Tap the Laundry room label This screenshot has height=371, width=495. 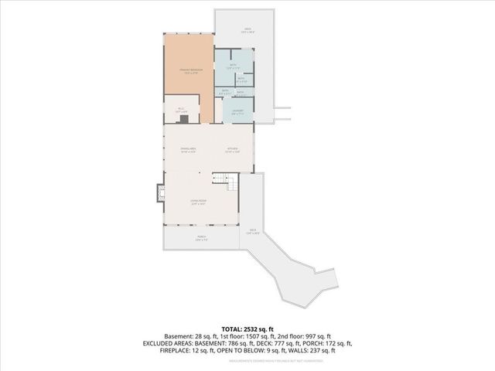pyautogui.click(x=238, y=111)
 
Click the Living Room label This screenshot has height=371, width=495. pyautogui.click(x=199, y=201)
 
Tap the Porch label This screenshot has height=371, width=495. pyautogui.click(x=200, y=237)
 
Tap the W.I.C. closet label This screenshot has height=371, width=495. pyautogui.click(x=181, y=109)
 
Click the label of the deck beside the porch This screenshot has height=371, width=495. pyautogui.click(x=252, y=230)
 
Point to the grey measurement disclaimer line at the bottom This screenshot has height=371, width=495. pyautogui.click(x=247, y=360)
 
